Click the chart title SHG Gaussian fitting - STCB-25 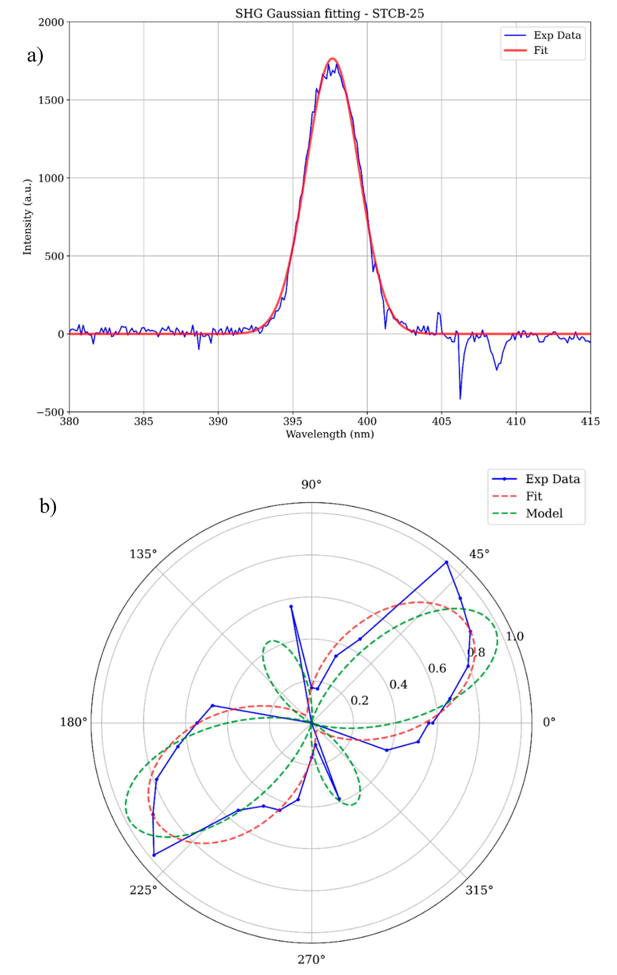coord(329,14)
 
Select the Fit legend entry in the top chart coord(540,50)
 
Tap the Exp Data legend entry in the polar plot coord(552,479)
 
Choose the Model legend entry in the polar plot coord(544,513)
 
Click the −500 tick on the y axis coord(50,412)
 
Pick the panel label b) coord(48,506)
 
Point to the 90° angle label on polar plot coord(311,484)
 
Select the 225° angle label coord(143,890)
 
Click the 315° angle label coord(479,890)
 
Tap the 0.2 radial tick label coord(359,701)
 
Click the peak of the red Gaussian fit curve coord(332,59)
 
